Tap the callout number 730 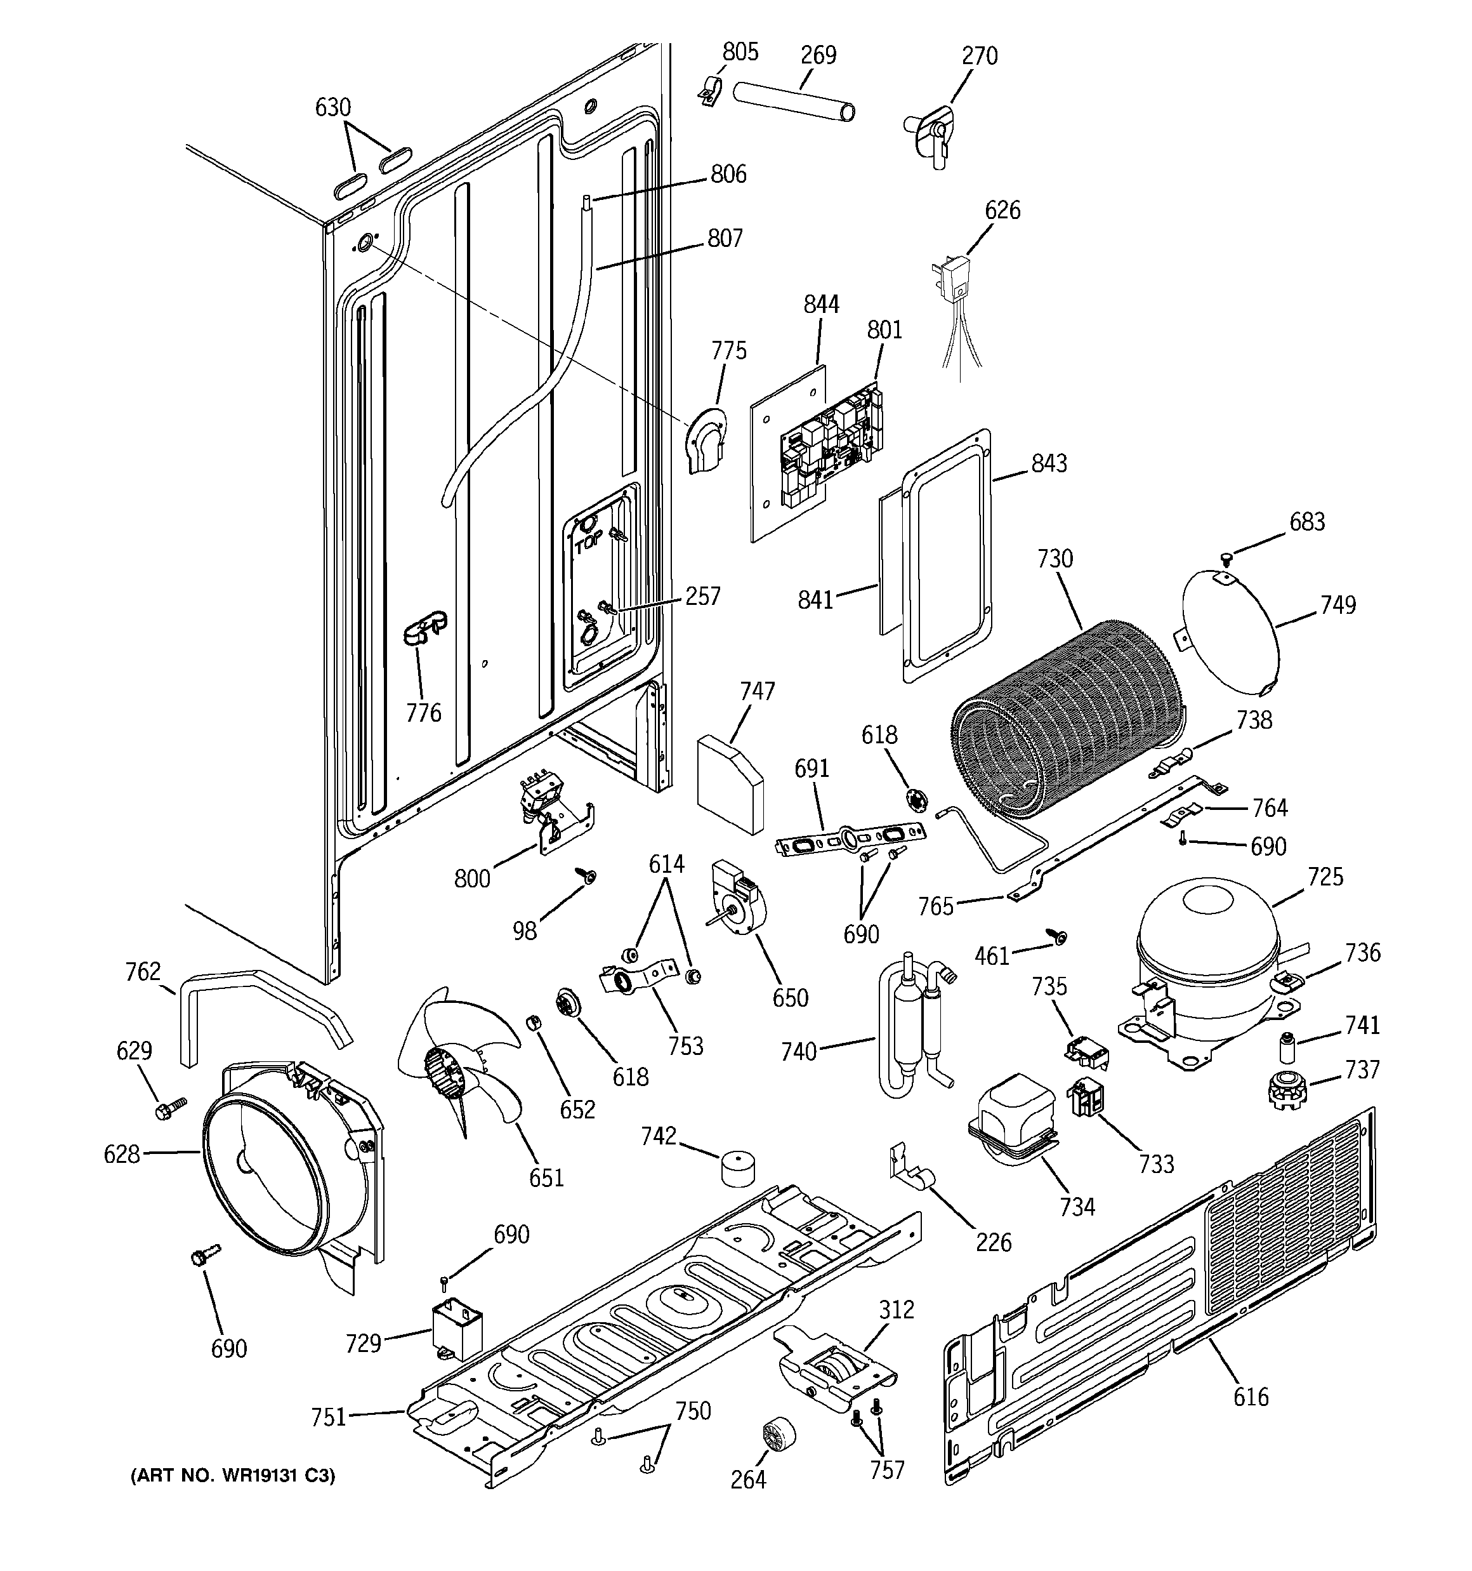[1055, 559]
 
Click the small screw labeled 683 [1226, 559]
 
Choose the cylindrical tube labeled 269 [794, 101]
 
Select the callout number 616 [1251, 1396]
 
